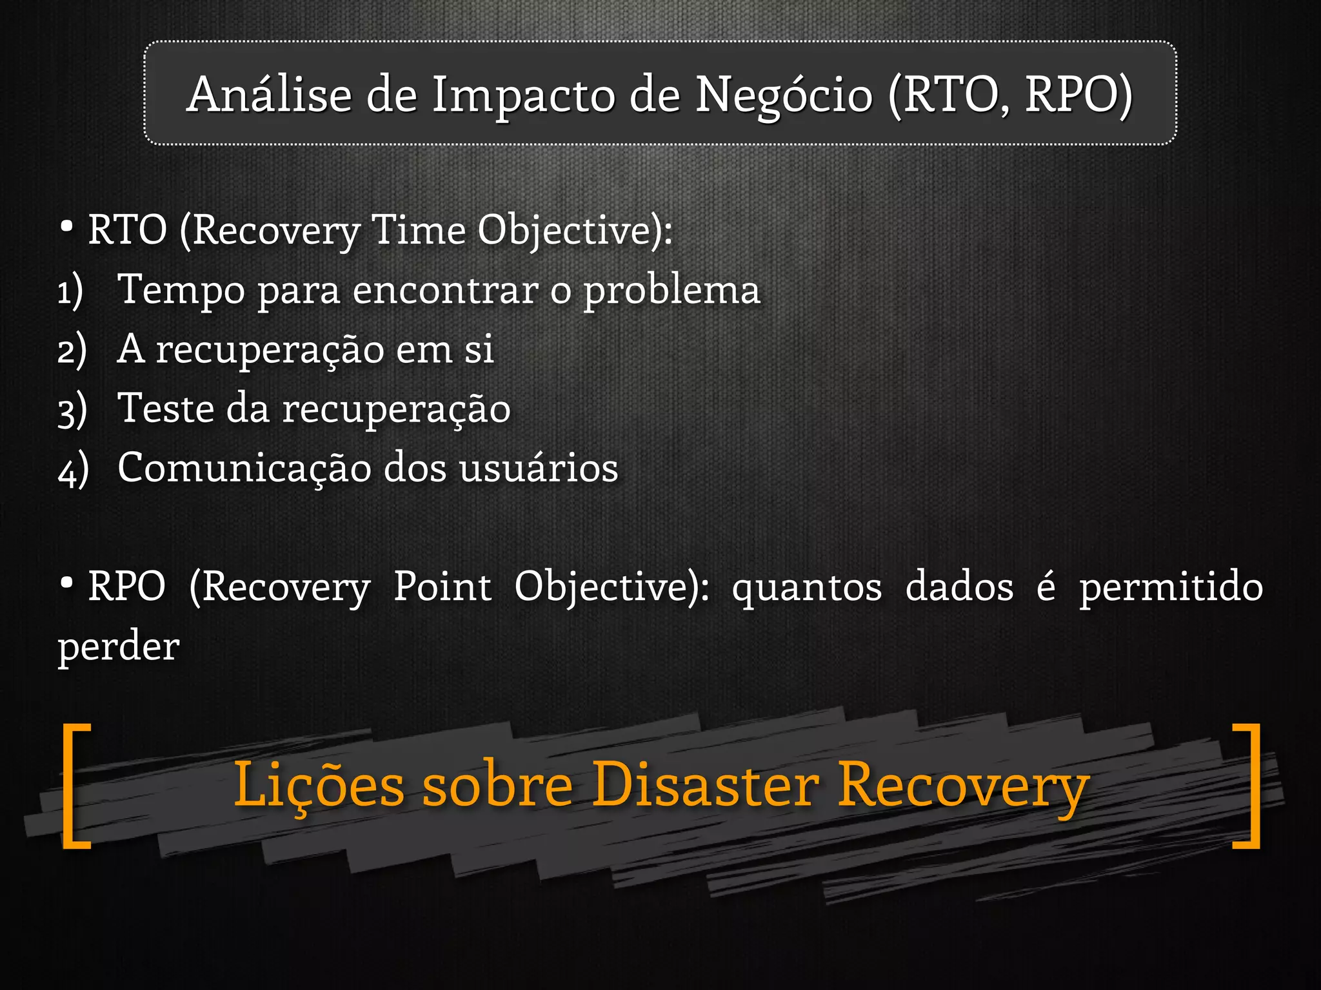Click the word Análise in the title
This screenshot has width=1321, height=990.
click(x=269, y=95)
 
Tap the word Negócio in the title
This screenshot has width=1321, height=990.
click(x=784, y=96)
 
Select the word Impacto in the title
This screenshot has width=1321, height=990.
click(x=523, y=96)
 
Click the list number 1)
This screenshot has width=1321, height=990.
click(x=70, y=291)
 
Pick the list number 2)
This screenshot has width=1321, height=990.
click(x=72, y=351)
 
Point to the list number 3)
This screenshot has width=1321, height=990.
click(x=72, y=410)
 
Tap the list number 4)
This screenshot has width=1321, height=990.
click(x=73, y=469)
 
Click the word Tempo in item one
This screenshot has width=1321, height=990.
click(x=181, y=290)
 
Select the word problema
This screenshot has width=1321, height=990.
click(x=671, y=290)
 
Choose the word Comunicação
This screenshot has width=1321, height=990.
click(x=244, y=468)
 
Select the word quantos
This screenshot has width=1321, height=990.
click(x=807, y=588)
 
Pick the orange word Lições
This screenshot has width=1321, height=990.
click(x=319, y=785)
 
